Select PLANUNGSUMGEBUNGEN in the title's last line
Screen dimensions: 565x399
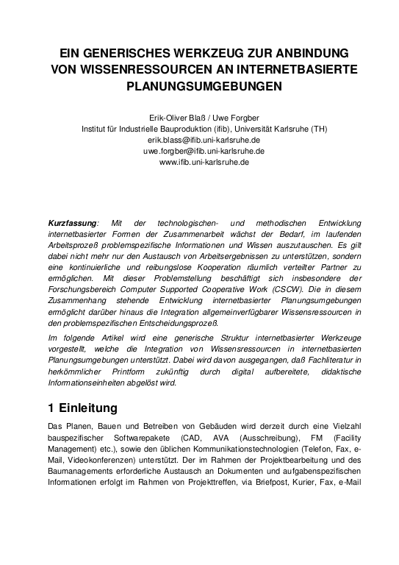198,86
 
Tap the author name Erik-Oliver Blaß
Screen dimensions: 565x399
176,117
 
